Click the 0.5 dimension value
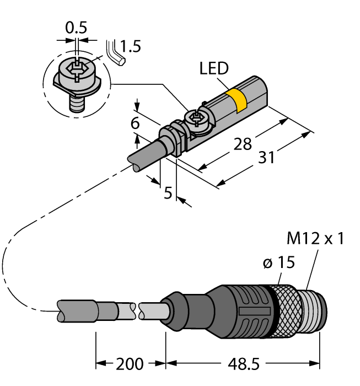(x=77, y=27)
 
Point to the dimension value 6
(x=135, y=124)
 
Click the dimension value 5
(x=168, y=192)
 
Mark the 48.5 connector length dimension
(x=243, y=364)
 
